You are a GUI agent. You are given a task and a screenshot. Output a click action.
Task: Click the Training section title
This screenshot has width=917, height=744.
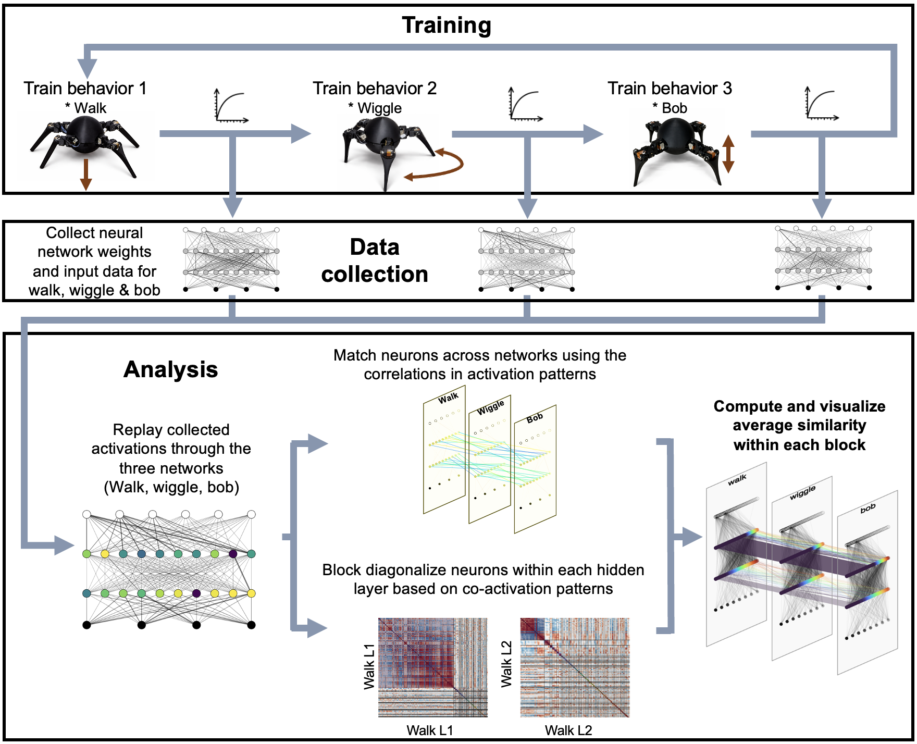tap(447, 25)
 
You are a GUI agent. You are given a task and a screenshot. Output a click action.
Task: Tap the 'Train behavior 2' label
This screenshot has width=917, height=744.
tap(374, 88)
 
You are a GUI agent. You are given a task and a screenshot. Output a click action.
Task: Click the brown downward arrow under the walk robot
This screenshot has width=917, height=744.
tap(86, 175)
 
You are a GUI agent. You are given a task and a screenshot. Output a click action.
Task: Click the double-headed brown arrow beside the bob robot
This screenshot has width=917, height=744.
tap(728, 154)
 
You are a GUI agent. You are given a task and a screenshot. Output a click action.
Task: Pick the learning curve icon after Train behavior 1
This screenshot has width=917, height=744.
tap(231, 106)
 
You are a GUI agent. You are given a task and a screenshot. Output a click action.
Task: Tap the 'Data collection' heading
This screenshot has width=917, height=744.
tap(374, 261)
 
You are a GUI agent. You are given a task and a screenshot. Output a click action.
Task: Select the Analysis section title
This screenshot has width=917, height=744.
tap(170, 369)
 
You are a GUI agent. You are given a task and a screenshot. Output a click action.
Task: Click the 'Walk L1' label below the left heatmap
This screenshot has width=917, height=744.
tap(429, 730)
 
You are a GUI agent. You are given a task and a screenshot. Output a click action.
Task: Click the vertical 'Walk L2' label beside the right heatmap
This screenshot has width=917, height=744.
tap(506, 664)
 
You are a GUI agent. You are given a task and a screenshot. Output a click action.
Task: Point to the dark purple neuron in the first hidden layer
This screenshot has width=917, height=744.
tap(233, 553)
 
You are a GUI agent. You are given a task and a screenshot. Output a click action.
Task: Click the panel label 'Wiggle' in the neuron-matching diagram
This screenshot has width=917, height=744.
tap(490, 407)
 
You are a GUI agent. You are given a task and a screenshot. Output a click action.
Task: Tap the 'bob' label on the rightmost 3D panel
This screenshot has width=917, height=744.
tap(868, 509)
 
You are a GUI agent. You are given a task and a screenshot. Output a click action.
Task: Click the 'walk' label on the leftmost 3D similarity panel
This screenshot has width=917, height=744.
tap(737, 480)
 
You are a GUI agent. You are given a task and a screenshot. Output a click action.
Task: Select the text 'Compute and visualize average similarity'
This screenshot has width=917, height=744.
tap(799, 415)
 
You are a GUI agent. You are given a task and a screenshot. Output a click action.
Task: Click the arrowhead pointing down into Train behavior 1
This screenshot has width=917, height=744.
tap(87, 69)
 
